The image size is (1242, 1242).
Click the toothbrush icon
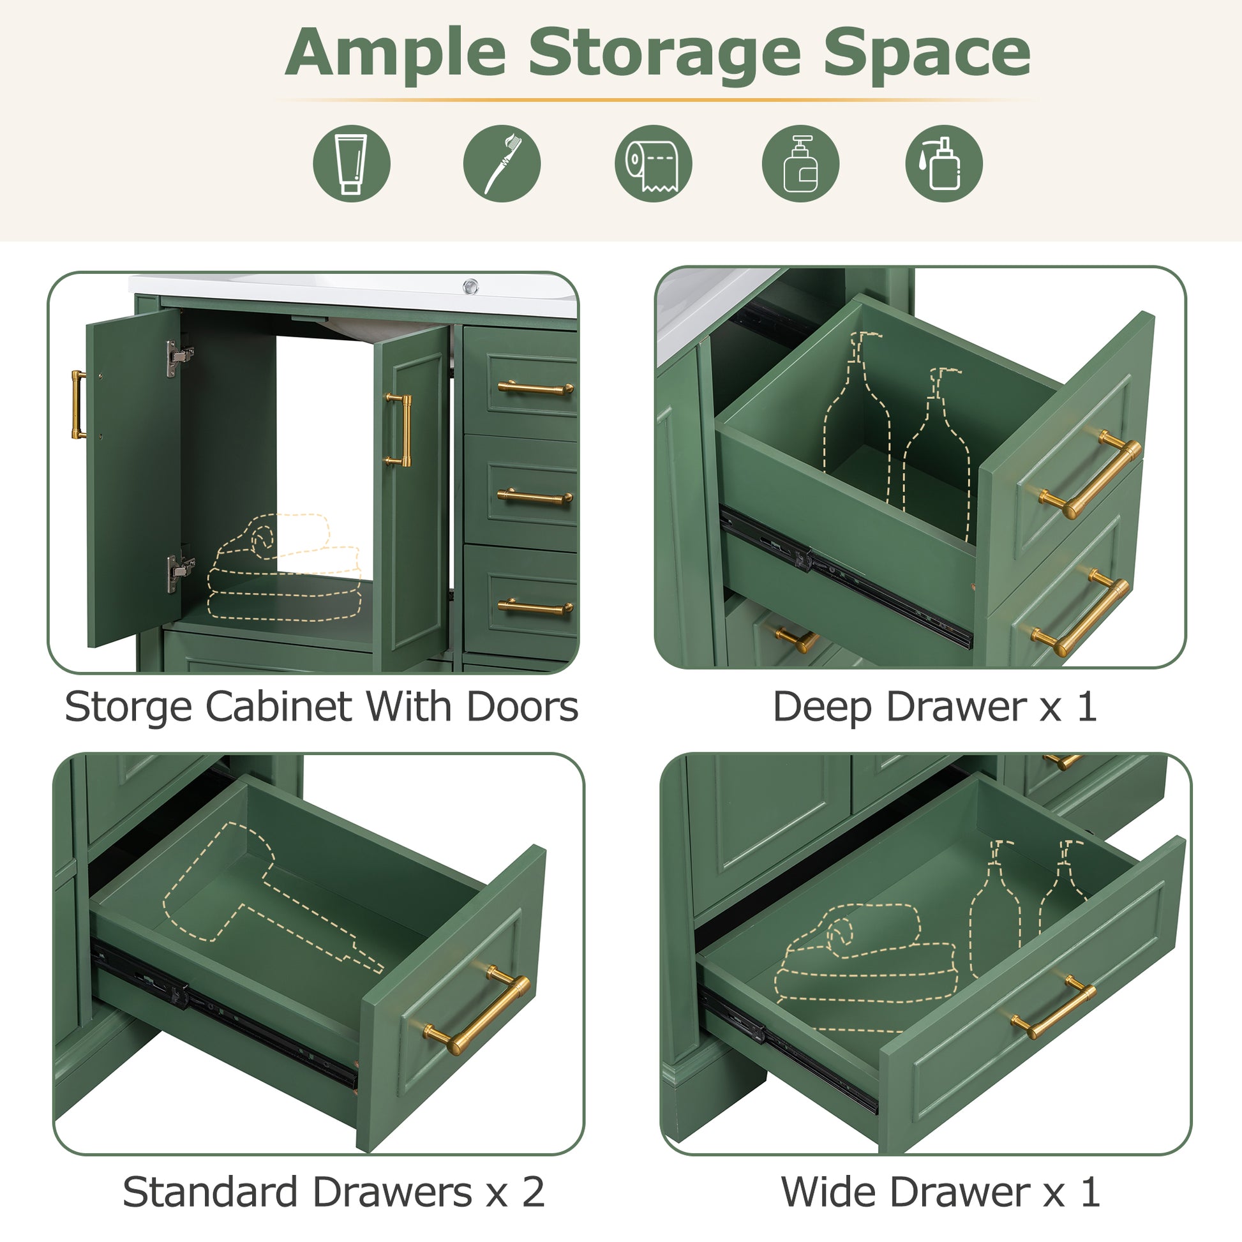pos(502,163)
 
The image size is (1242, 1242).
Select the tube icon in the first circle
pos(351,163)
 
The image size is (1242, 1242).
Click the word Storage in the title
pos(664,53)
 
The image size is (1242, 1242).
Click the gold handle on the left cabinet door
pos(78,405)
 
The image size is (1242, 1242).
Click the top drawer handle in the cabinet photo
pos(535,387)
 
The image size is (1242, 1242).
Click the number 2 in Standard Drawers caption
pos(533,1192)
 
